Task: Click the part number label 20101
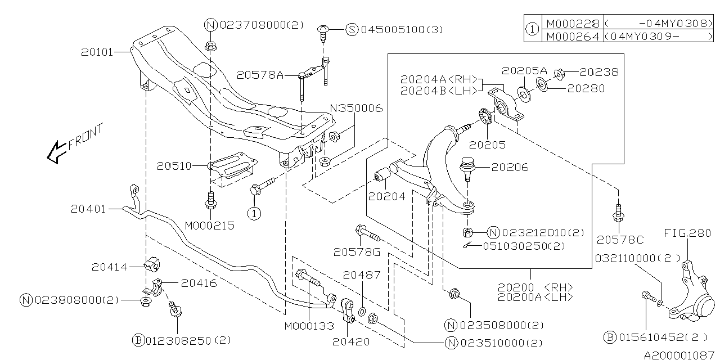click(96, 52)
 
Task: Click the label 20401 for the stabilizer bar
click(88, 209)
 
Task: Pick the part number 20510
click(174, 166)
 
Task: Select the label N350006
click(355, 108)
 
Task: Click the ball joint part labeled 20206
click(467, 167)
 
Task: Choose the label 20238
click(599, 72)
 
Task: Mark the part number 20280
click(586, 88)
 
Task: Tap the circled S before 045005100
click(352, 29)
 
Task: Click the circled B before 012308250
click(138, 340)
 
